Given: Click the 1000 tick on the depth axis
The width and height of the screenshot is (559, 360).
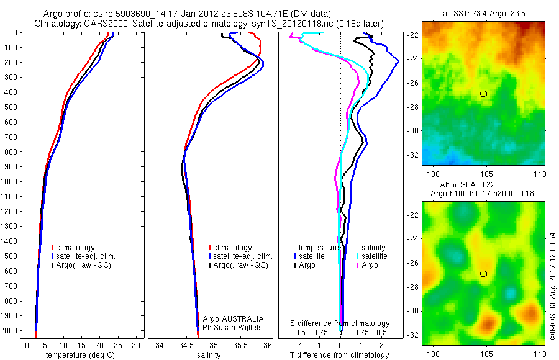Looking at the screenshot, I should [11, 182].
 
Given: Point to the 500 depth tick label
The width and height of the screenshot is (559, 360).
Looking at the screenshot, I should [11, 107].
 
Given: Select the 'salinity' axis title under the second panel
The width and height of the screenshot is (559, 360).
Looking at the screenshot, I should [210, 355].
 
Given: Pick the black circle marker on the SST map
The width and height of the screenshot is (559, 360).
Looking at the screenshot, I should [484, 94].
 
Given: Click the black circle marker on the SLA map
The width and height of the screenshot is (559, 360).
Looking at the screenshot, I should [484, 274].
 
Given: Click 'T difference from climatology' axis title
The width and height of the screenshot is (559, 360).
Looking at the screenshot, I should [340, 355].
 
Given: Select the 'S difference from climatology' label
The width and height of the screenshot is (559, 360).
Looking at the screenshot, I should [340, 323].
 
